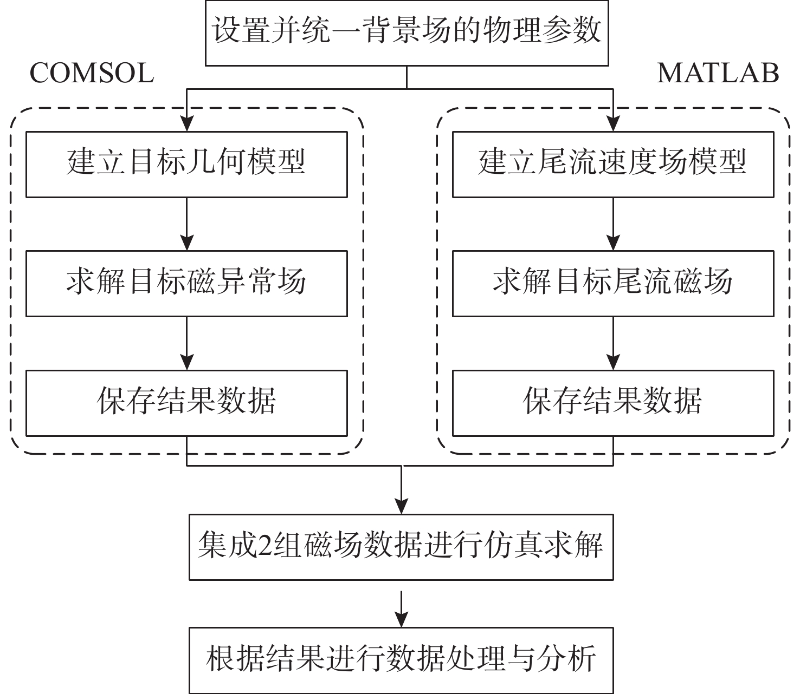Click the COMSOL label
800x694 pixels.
click(x=92, y=73)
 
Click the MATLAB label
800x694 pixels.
click(x=718, y=73)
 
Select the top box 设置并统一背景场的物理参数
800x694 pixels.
click(x=407, y=32)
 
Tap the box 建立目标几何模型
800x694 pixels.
click(x=186, y=164)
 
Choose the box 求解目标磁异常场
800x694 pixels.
click(x=186, y=283)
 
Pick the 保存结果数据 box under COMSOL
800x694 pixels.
click(x=186, y=403)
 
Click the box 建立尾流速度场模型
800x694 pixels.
click(x=613, y=164)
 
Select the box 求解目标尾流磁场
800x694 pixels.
click(x=613, y=283)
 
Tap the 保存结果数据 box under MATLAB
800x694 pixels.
click(x=613, y=403)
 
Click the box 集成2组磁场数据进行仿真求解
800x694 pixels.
click(x=401, y=547)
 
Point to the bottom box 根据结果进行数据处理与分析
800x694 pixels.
click(x=401, y=660)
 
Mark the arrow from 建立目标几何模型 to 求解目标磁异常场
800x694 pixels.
click(x=186, y=224)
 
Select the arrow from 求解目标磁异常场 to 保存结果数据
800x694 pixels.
click(x=186, y=343)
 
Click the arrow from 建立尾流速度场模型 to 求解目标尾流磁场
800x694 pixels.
click(x=613, y=224)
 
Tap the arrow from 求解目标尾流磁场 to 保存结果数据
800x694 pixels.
click(x=613, y=343)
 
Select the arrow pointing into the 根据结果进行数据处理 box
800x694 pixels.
click(x=401, y=609)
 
